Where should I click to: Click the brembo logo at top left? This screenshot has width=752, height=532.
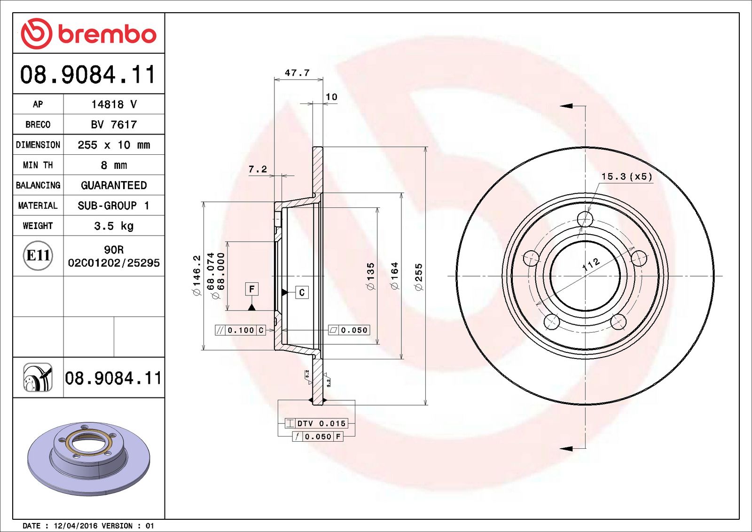pyautogui.click(x=88, y=34)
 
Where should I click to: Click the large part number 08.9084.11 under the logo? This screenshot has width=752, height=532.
pyautogui.click(x=88, y=75)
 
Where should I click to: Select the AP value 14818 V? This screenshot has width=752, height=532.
pyautogui.click(x=114, y=104)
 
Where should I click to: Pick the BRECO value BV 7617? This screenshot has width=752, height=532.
pyautogui.click(x=114, y=125)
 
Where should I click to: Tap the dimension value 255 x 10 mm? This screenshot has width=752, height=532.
pyautogui.click(x=114, y=145)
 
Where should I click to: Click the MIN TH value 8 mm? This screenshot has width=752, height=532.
pyautogui.click(x=114, y=165)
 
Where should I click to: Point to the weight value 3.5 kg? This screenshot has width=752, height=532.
pyautogui.click(x=114, y=226)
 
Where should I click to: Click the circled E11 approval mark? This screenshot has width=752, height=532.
pyautogui.click(x=38, y=255)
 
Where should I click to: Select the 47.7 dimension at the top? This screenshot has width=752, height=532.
pyautogui.click(x=297, y=73)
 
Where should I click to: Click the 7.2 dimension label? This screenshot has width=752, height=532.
pyautogui.click(x=258, y=169)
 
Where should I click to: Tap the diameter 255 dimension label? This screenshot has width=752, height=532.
pyautogui.click(x=418, y=276)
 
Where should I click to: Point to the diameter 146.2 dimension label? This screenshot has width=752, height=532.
pyautogui.click(x=196, y=275)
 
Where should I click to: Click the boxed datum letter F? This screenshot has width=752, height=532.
pyautogui.click(x=252, y=289)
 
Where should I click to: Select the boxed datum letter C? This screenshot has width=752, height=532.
pyautogui.click(x=302, y=292)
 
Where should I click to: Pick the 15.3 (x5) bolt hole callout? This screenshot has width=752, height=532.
pyautogui.click(x=627, y=177)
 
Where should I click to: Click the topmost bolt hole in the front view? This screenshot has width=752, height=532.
pyautogui.click(x=585, y=219)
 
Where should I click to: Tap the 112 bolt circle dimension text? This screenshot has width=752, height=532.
pyautogui.click(x=591, y=264)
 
